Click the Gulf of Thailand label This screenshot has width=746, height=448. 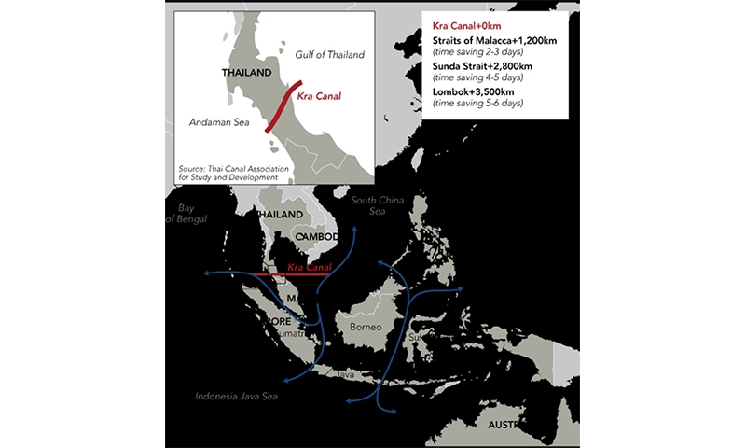click(330, 55)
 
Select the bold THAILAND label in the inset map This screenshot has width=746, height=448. click(246, 72)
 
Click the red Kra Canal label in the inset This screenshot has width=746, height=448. click(317, 95)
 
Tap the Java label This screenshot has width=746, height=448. click(346, 373)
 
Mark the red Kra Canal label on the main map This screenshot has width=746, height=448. click(311, 269)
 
